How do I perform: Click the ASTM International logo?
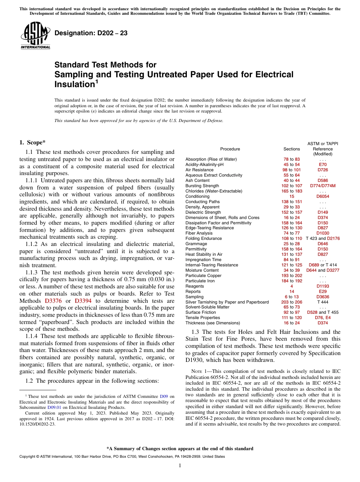point(35,35)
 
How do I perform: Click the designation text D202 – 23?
point(91,33)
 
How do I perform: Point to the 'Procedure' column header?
point(230,149)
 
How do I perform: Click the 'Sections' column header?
point(291,149)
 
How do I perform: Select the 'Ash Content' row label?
point(197,180)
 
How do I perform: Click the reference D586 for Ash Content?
point(323,180)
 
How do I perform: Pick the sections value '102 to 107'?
point(291,186)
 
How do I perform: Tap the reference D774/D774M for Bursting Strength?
point(323,186)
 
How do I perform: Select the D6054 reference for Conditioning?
point(323,196)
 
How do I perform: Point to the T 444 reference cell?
point(323,302)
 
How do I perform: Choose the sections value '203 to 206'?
point(291,302)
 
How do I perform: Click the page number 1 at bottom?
point(180,466)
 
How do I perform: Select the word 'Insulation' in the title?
point(74,84)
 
